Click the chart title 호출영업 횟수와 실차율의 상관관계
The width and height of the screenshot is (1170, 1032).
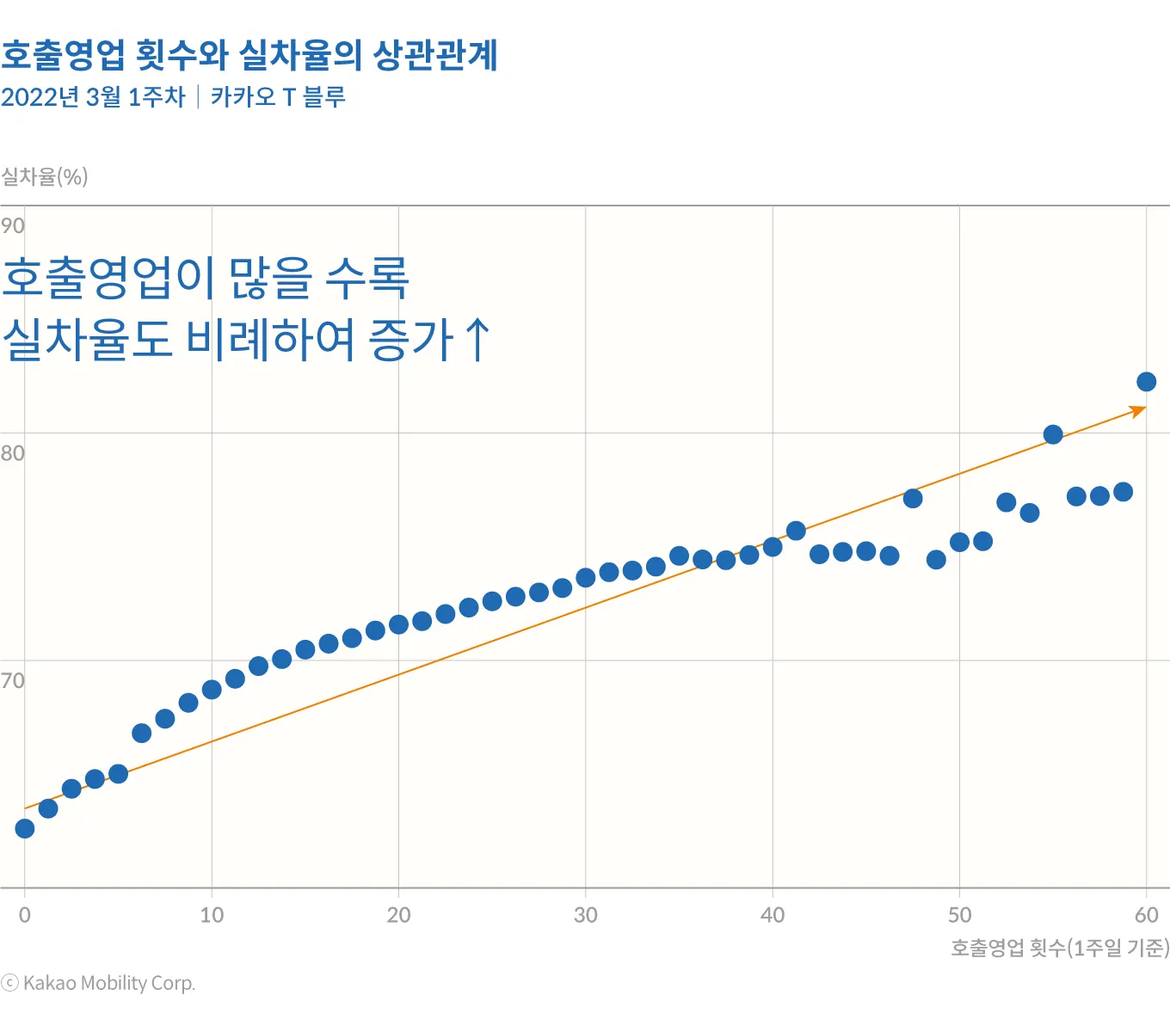click(x=249, y=55)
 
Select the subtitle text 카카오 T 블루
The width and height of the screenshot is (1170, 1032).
click(x=278, y=97)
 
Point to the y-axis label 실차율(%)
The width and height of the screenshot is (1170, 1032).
click(x=45, y=177)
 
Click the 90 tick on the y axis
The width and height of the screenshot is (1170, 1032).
click(x=13, y=226)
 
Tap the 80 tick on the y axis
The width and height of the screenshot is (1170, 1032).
click(x=13, y=453)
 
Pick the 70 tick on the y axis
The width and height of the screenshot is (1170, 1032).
click(x=13, y=681)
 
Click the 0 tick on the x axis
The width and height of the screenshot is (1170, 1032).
click(x=25, y=915)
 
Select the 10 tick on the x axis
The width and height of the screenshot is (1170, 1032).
click(x=212, y=915)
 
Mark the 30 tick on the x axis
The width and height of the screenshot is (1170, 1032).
click(x=586, y=915)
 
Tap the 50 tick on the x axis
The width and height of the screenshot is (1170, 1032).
click(x=959, y=915)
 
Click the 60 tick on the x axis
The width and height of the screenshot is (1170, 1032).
click(x=1147, y=915)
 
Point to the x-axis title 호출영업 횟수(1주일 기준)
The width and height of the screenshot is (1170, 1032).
click(x=1059, y=948)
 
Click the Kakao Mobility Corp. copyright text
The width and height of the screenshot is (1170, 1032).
click(x=99, y=983)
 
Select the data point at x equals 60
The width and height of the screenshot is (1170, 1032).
click(x=1147, y=382)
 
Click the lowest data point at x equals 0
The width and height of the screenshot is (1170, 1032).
click(x=25, y=828)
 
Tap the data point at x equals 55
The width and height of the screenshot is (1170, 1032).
click(x=1053, y=434)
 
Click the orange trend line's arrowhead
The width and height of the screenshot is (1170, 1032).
click(x=1139, y=410)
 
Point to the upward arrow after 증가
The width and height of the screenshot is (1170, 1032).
click(x=477, y=340)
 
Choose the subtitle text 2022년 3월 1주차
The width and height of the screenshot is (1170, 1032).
click(x=93, y=97)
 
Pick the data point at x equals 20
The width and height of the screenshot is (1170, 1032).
click(x=398, y=624)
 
